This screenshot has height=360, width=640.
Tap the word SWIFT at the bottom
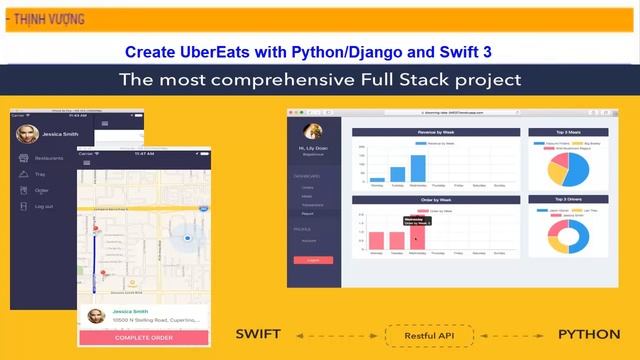[258, 333]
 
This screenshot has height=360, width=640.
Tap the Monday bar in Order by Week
[377, 240]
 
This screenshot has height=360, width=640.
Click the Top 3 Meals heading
[574, 132]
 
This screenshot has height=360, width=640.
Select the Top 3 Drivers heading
[574, 200]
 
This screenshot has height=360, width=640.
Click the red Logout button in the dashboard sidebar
[312, 260]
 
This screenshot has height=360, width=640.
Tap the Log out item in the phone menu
[44, 206]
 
